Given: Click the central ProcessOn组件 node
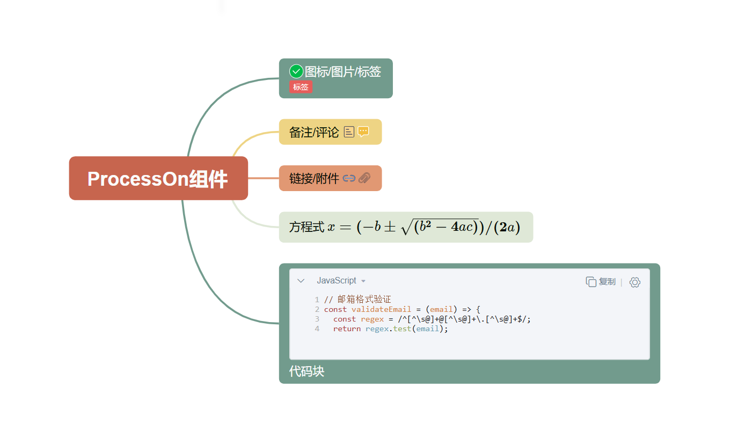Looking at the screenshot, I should click(x=158, y=179).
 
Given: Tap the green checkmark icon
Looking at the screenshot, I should click(x=296, y=71).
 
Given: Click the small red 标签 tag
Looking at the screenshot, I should click(x=301, y=87).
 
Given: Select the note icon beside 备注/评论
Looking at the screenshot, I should click(x=349, y=132).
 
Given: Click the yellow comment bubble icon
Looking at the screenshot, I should click(x=363, y=132).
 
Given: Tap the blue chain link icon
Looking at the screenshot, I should click(x=349, y=178).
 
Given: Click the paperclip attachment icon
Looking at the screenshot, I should click(x=364, y=178).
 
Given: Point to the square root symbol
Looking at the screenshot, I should click(x=406, y=227).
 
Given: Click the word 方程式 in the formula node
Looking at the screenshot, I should click(x=306, y=227).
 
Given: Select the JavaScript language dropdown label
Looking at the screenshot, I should click(x=337, y=281).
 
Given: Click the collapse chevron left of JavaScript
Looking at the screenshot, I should click(x=301, y=281).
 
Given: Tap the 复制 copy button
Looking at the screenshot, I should click(x=601, y=282).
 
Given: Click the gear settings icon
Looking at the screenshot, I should click(x=635, y=282).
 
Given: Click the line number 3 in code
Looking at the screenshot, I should click(x=317, y=319).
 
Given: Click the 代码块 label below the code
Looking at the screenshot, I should click(x=306, y=371).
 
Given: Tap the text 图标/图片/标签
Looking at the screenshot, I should click(x=343, y=71).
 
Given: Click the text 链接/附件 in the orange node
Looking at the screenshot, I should click(x=314, y=178).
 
